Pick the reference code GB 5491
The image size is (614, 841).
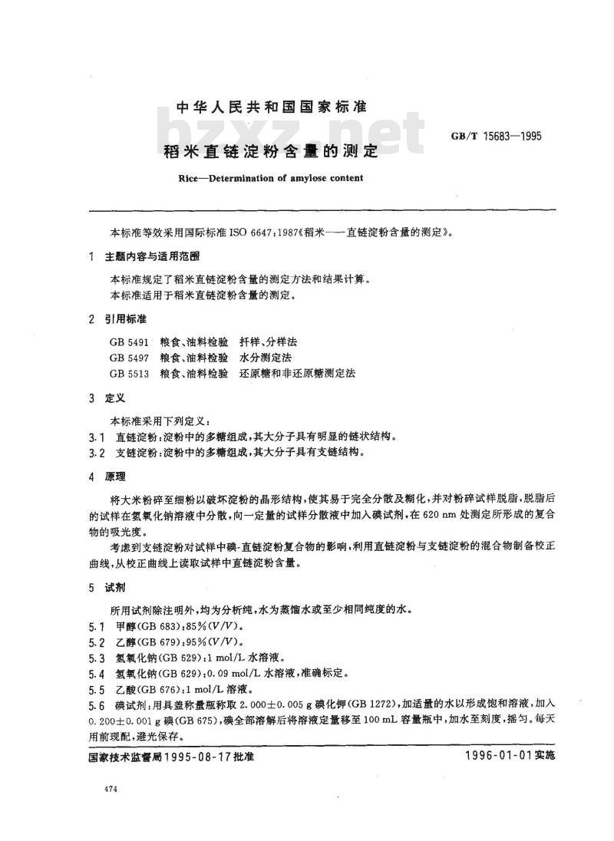point(130,341)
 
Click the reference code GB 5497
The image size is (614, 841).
point(130,357)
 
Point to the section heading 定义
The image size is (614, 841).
point(120,398)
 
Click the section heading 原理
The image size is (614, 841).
point(120,477)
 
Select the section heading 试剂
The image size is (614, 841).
point(120,588)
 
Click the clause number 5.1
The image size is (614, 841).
point(97,627)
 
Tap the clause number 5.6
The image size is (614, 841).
point(97,704)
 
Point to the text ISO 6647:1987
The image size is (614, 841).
point(251,230)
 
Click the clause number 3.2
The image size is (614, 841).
point(97,453)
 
